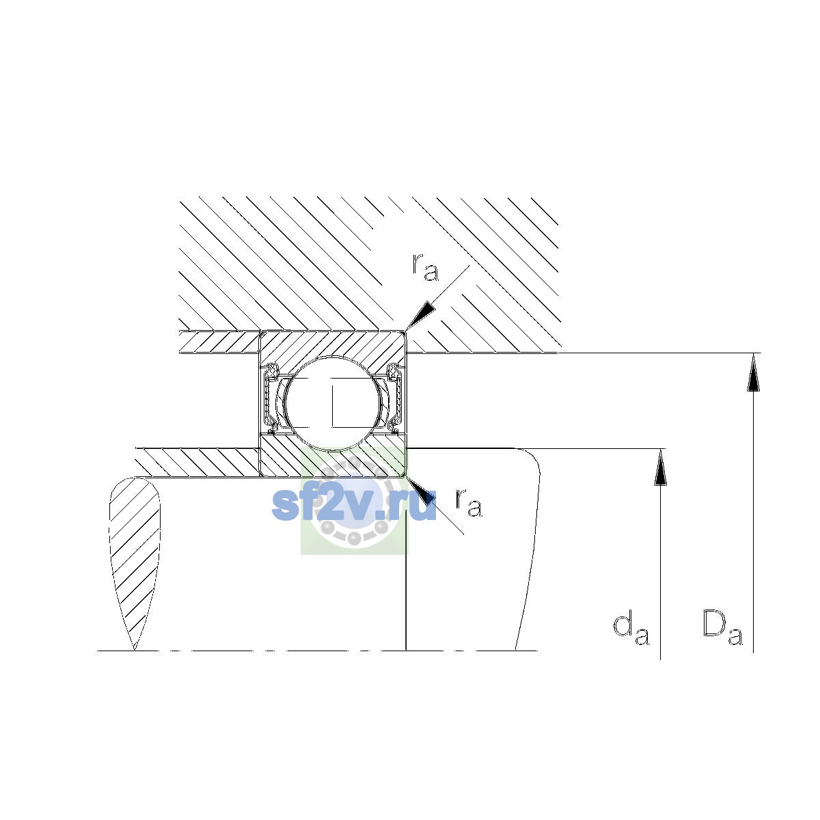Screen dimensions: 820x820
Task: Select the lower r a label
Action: (469, 502)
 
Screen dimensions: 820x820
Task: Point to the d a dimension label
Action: (631, 633)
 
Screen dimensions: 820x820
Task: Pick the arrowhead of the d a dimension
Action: (660, 467)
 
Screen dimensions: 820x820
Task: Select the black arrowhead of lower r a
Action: (422, 491)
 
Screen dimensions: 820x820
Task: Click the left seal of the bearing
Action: (271, 399)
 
